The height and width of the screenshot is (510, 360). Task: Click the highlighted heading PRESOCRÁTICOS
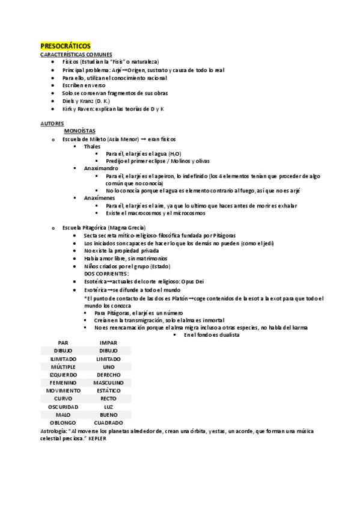coord(65,46)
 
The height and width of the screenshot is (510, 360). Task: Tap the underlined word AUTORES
coord(52,123)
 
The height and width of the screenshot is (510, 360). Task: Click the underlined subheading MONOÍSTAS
coord(80,131)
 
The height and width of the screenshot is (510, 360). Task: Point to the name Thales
coord(93,146)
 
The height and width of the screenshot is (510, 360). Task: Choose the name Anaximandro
coord(101,168)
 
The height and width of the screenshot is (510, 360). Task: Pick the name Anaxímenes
coord(100,198)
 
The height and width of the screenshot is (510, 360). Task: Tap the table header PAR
coord(63,342)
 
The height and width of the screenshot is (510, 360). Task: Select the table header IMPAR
coord(108,342)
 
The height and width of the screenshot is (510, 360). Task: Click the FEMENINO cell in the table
coord(63,382)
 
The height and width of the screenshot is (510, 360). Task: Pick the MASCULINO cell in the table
coord(108,382)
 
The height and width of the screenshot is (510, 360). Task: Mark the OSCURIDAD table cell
coord(63,407)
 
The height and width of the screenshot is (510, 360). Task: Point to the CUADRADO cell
coord(108,423)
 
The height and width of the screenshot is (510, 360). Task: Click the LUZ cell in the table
coord(108,407)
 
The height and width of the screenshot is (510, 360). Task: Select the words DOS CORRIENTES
coord(107,274)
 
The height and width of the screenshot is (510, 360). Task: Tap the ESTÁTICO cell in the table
coord(108,390)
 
